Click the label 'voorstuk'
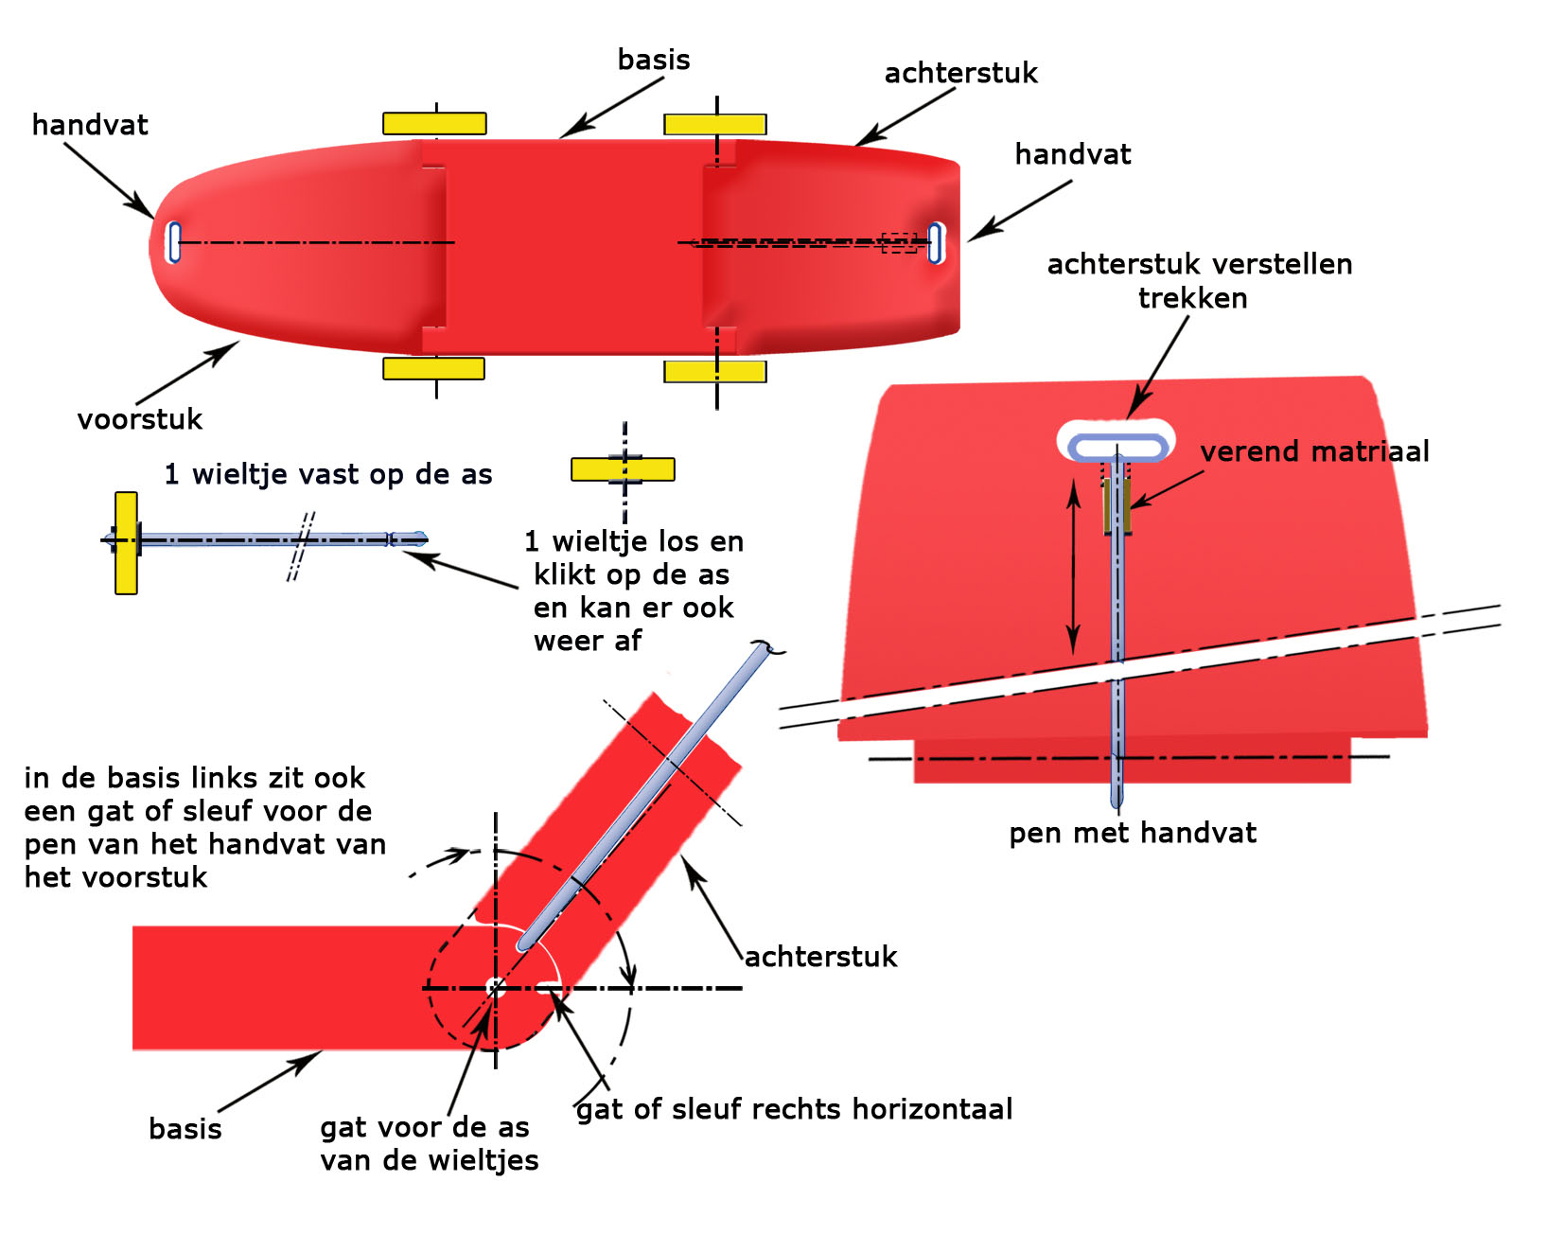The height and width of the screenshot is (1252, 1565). [x=140, y=419]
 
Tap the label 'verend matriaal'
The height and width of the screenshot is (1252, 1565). [x=1314, y=451]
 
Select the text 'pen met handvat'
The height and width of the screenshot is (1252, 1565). [x=1132, y=833]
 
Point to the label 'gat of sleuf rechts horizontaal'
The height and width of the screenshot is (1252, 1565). [x=795, y=1109]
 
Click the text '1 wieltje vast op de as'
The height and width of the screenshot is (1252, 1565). [x=328, y=474]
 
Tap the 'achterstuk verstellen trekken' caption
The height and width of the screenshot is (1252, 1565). [x=1198, y=281]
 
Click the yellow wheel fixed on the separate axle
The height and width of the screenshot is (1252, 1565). [x=126, y=543]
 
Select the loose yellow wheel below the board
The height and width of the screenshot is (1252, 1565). [x=623, y=469]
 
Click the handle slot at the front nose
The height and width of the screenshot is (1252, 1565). [x=174, y=242]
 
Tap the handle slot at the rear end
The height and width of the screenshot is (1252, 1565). [x=935, y=243]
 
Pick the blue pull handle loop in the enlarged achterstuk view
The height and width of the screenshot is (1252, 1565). [x=1117, y=447]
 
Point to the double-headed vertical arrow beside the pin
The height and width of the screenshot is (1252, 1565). [x=1073, y=567]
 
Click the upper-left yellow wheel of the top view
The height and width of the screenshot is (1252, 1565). [x=434, y=123]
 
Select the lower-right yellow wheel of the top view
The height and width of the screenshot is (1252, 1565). [x=714, y=371]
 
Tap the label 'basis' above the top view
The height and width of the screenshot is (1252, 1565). [x=654, y=60]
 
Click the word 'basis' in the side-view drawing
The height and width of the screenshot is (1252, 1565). [x=185, y=1129]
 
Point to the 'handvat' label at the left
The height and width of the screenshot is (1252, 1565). [x=90, y=125]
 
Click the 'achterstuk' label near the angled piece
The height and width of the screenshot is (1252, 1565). [x=820, y=957]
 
